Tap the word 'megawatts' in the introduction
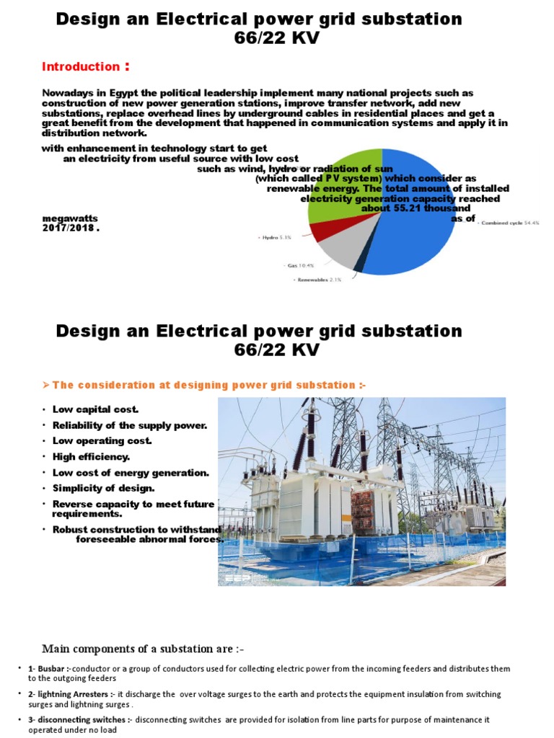click(x=70, y=218)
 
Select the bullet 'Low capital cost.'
click(x=95, y=409)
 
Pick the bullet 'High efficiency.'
click(x=91, y=457)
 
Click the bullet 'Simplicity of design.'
click(x=103, y=489)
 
